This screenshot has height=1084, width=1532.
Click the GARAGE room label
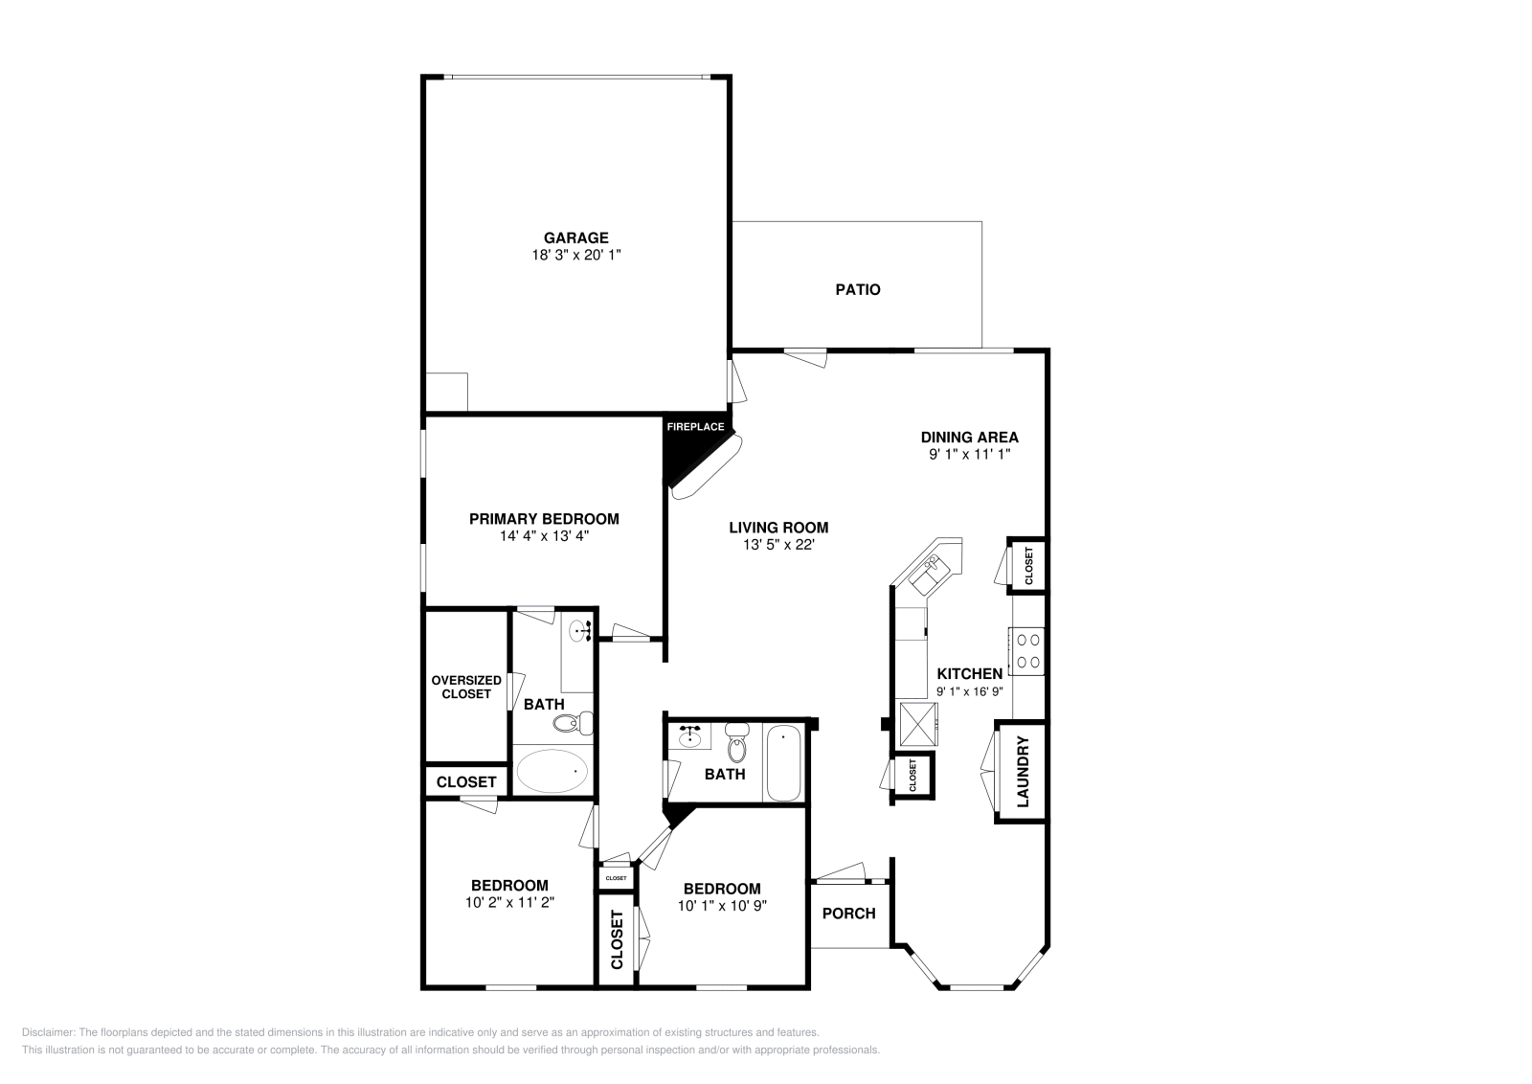click(575, 237)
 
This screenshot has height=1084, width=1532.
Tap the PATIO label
click(857, 289)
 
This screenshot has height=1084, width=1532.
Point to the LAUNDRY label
click(1022, 771)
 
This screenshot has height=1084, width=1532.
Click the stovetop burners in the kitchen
click(1028, 650)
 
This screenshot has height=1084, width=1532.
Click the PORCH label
click(849, 914)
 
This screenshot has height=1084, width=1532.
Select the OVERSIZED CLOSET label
click(466, 687)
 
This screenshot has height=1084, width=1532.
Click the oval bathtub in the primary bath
click(552, 771)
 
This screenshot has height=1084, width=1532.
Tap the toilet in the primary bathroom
click(573, 723)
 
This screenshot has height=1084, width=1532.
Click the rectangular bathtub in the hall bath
click(783, 762)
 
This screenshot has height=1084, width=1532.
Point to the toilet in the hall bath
click(736, 743)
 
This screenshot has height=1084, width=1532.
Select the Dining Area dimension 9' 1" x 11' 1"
click(969, 455)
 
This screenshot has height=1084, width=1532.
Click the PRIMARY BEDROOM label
click(544, 519)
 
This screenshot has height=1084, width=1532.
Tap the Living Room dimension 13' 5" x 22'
click(777, 545)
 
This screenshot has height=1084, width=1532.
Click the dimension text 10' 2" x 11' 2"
click(508, 902)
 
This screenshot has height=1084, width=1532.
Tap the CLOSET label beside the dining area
click(1028, 566)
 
